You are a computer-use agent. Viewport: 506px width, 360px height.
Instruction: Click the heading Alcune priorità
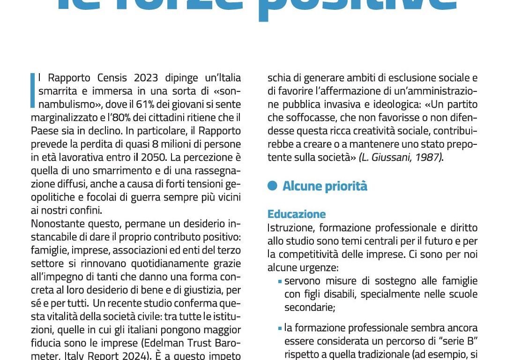(325, 187)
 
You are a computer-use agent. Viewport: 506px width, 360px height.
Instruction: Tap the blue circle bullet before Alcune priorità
(272, 187)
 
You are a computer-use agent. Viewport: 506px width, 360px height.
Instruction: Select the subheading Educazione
(297, 214)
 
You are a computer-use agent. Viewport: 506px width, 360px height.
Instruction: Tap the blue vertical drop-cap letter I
(33, 90)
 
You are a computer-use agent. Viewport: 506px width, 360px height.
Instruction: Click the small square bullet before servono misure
(280, 282)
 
